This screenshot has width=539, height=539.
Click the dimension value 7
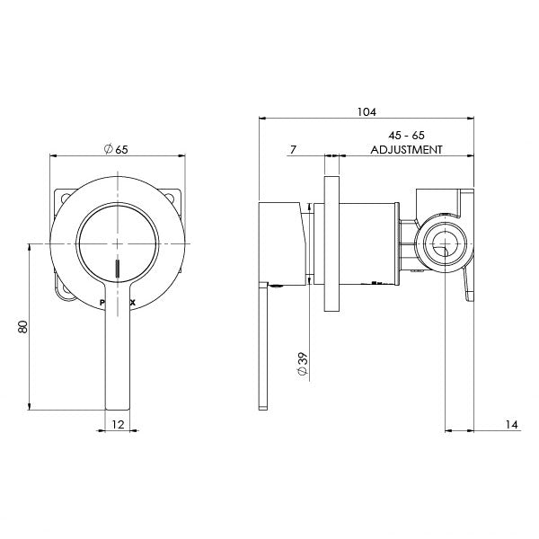[294, 149]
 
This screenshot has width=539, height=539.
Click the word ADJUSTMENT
[406, 150]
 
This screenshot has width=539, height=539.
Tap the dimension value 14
[508, 425]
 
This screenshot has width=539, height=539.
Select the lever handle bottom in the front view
[118, 377]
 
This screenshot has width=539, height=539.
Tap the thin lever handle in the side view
[262, 350]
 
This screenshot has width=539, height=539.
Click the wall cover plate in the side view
[331, 243]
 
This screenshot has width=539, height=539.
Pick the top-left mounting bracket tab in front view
[63, 198]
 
